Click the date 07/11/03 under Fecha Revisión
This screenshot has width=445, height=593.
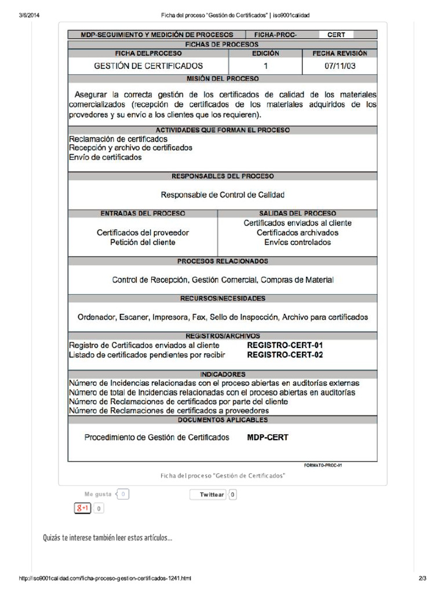[x=340, y=66]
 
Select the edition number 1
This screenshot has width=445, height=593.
[x=265, y=66]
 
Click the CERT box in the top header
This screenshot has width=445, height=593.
[x=336, y=35]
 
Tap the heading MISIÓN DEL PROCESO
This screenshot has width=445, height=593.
[x=222, y=78]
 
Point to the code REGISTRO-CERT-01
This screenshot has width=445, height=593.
[x=284, y=345]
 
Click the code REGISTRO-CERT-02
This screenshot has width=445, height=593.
[x=284, y=354]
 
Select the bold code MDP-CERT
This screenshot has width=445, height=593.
[x=267, y=437]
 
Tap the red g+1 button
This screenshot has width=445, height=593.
[x=82, y=508]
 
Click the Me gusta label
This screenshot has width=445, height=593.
[x=97, y=494]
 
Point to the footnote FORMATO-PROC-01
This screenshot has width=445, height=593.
[x=323, y=465]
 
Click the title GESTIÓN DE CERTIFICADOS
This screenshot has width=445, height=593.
[x=148, y=66]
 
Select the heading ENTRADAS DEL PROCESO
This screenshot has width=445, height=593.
[x=143, y=213]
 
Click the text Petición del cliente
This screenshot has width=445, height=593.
[x=143, y=242]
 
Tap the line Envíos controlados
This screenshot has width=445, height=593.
[x=297, y=242]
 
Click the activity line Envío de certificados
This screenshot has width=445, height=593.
[x=105, y=158]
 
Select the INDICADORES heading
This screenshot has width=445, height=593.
[x=222, y=374]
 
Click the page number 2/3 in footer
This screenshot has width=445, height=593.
[x=422, y=578]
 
